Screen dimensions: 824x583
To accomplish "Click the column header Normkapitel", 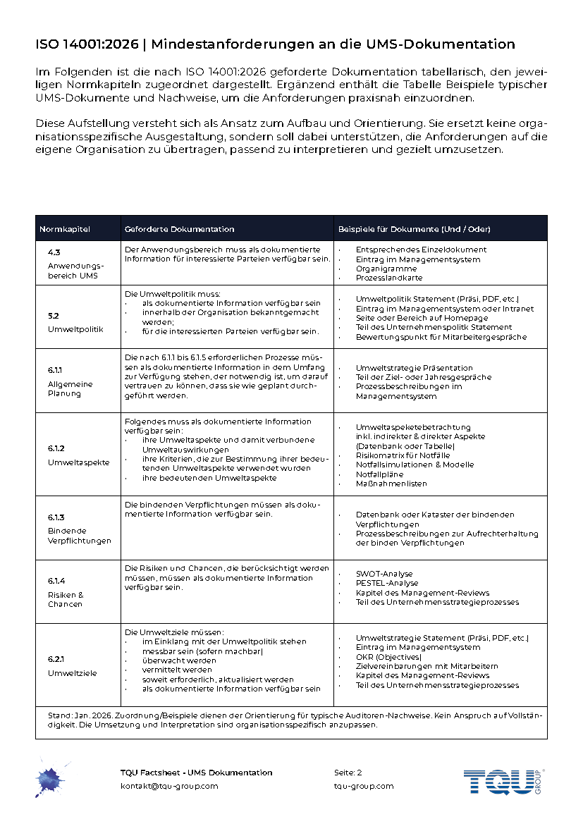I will click(65, 229).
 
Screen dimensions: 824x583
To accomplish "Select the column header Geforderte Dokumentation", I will click(179, 229).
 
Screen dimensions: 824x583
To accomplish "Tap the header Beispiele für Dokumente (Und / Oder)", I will click(414, 229).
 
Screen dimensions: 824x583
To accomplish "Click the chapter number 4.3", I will click(54, 252).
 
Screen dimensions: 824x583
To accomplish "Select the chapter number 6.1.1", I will click(56, 369).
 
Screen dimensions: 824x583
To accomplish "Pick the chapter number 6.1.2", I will click(56, 448).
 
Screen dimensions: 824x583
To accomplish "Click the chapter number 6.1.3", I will click(56, 517).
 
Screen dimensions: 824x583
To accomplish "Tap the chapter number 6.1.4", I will click(56, 580).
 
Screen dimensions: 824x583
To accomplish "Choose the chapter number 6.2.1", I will click(56, 659).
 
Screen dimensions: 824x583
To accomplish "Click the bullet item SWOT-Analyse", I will click(384, 574).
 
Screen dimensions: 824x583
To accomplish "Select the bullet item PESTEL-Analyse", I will click(387, 583).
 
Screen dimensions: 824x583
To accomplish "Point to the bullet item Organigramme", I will click(386, 269).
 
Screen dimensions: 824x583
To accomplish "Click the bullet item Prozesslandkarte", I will click(389, 278).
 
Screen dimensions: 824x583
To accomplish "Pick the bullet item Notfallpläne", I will click(379, 474).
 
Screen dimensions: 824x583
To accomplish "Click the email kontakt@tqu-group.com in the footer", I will click(169, 786).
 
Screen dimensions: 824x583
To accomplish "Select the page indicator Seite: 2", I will click(348, 773).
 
